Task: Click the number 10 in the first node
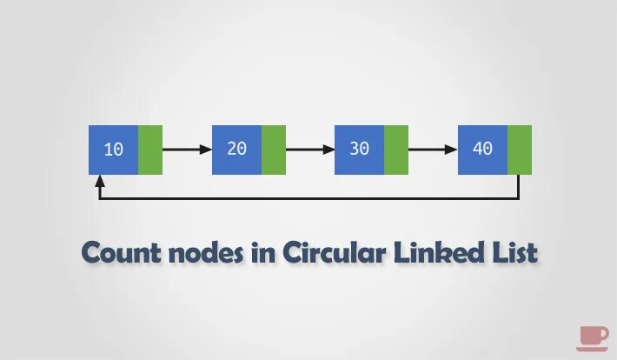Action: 113,150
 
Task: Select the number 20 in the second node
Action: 236,149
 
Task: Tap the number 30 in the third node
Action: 359,149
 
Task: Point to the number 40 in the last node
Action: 482,149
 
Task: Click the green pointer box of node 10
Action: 150,150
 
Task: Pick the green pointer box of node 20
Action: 274,150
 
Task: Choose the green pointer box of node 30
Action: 396,150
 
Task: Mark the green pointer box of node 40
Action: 520,150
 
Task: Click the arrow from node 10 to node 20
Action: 187,150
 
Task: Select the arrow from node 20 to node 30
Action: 310,150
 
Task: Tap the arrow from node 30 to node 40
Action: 433,150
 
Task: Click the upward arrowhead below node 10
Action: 101,182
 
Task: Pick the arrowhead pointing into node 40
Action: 451,150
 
